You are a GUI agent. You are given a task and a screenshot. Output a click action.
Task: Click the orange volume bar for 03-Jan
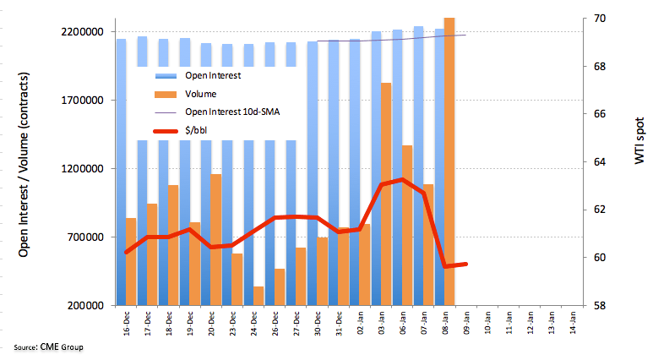pyautogui.click(x=386, y=194)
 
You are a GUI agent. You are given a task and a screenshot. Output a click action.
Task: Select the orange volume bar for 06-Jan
pyautogui.click(x=407, y=225)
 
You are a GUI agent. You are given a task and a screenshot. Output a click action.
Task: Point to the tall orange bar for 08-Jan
pyautogui.click(x=449, y=161)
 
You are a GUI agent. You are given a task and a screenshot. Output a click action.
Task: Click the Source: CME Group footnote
pyautogui.click(x=48, y=347)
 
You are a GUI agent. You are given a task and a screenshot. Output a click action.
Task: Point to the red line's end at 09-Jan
pyautogui.click(x=464, y=264)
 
